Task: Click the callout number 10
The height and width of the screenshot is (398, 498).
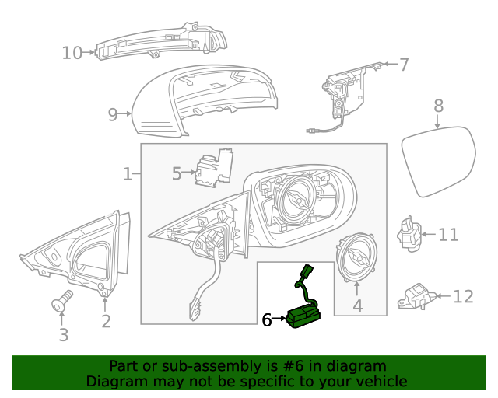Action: (72, 53)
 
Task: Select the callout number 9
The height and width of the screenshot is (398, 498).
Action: (113, 115)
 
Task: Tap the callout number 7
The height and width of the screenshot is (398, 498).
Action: (404, 65)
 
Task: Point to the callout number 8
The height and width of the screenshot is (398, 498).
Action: (438, 105)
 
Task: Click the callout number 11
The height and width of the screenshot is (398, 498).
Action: (448, 235)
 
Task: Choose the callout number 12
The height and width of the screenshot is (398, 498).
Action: (463, 296)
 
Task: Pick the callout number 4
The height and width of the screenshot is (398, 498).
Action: (357, 306)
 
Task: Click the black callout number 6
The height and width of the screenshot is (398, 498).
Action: (266, 319)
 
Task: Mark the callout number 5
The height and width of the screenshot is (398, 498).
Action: (177, 173)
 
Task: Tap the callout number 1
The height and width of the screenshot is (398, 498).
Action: (128, 173)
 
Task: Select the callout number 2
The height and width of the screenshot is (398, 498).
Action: (106, 320)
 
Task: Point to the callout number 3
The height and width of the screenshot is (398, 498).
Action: (64, 335)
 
